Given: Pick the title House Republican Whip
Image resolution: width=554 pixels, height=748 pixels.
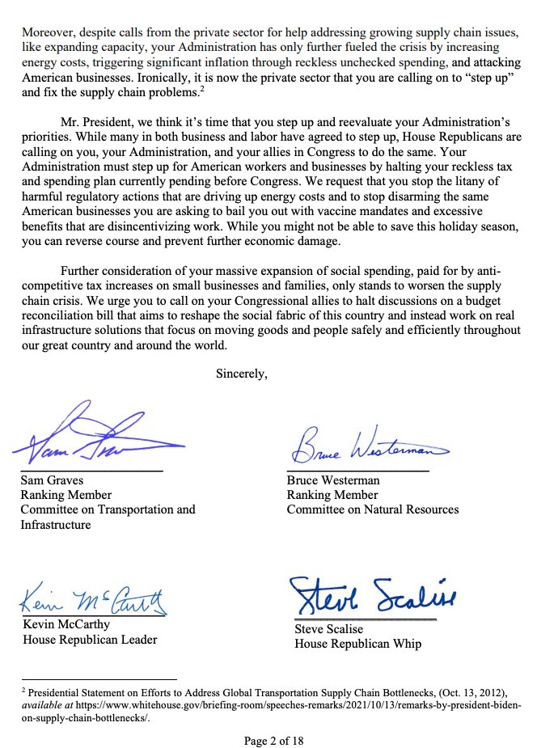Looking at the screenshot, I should (357, 644).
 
